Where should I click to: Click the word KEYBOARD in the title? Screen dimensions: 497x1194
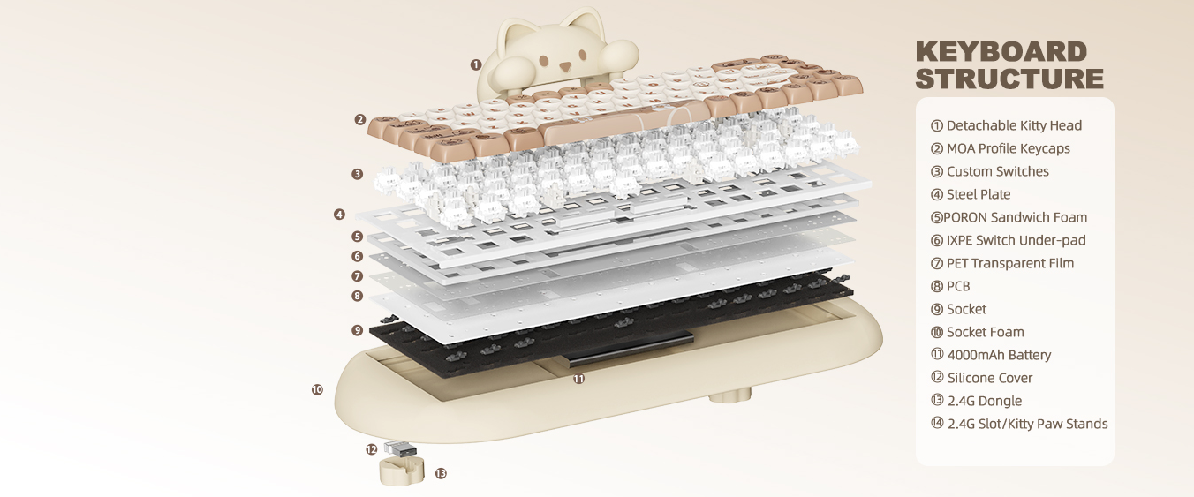[1001, 52]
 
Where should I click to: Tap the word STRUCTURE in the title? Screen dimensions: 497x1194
[1009, 79]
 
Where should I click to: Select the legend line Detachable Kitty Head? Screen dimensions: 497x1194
[1006, 125]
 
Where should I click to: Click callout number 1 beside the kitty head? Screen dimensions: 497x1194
[476, 64]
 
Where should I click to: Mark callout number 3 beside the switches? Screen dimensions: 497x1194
[357, 174]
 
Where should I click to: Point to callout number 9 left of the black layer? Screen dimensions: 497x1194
[357, 330]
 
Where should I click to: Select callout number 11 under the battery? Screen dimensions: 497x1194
[578, 379]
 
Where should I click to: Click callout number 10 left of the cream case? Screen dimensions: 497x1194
[317, 389]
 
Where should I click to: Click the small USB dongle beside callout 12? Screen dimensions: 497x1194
[400, 448]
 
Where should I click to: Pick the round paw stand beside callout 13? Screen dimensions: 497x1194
[399, 471]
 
